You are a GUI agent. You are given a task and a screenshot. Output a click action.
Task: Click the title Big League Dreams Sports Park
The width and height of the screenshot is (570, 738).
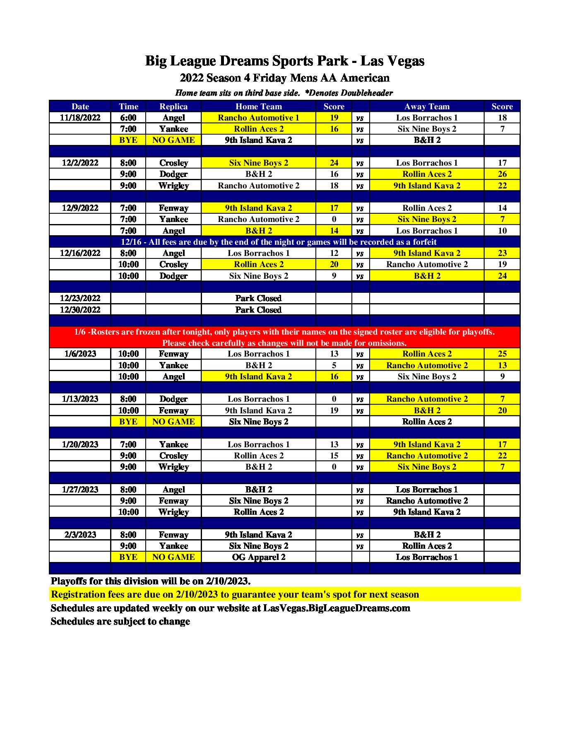click(x=285, y=61)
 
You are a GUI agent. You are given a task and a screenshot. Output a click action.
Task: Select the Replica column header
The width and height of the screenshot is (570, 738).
click(x=173, y=106)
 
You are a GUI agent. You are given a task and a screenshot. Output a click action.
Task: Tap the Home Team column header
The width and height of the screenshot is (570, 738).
click(x=258, y=106)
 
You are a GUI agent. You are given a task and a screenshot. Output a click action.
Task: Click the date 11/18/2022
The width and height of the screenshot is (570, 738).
click(x=80, y=118)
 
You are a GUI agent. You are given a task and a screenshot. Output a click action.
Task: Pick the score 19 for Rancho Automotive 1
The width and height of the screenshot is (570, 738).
click(x=334, y=118)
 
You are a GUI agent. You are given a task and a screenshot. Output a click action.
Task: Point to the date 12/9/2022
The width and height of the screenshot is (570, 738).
click(x=80, y=208)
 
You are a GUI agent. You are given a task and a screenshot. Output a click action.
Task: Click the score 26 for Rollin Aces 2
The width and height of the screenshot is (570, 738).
click(x=502, y=174)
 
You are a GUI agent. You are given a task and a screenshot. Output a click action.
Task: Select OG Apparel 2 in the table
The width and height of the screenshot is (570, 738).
click(x=258, y=557)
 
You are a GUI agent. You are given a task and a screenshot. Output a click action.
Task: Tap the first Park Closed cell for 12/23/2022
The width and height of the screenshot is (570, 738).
click(x=258, y=298)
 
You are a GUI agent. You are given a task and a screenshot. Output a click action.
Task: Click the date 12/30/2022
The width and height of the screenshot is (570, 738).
click(x=80, y=310)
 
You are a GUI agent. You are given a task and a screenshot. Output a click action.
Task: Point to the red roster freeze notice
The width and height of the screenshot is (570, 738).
click(x=284, y=337)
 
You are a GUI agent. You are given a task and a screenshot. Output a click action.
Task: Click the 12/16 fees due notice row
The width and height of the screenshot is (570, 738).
click(x=279, y=242)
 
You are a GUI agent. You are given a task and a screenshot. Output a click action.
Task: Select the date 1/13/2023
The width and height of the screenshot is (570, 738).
click(x=80, y=399)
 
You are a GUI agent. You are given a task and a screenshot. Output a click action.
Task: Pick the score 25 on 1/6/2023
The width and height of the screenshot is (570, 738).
click(x=502, y=354)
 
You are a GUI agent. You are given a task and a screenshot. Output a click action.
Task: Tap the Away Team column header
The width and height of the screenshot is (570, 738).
click(x=426, y=106)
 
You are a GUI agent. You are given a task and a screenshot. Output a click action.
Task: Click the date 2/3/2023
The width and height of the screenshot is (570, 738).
click(x=80, y=535)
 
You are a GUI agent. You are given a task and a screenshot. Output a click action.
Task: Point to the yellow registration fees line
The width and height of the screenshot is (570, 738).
click(x=235, y=594)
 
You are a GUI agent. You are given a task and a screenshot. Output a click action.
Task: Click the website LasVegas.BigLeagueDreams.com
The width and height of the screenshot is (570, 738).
click(x=337, y=608)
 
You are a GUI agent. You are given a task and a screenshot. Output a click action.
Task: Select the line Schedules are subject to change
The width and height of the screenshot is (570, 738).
click(x=120, y=621)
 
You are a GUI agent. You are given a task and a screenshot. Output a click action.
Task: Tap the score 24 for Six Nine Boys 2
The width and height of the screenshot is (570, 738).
click(x=334, y=163)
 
